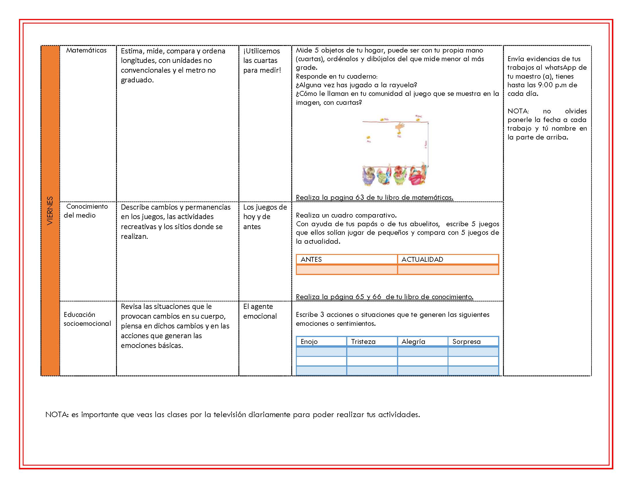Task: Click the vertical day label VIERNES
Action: point(50,210)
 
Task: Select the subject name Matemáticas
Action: point(86,50)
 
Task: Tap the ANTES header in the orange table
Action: point(311,259)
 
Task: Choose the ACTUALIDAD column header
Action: point(422,259)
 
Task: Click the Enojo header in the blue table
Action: point(309,341)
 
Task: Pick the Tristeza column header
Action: point(363,341)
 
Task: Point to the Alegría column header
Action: point(413,341)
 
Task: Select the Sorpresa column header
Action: point(466,341)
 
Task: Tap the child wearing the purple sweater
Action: point(369,176)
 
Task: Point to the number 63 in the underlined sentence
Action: point(360,197)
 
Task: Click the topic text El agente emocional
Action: point(260,311)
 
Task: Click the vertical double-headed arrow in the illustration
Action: point(428,145)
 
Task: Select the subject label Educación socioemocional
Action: point(87,319)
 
